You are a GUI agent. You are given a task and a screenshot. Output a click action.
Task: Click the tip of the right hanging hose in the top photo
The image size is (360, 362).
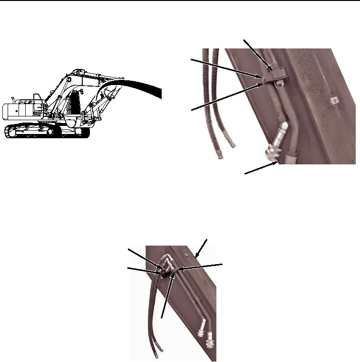click(x=233, y=144)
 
